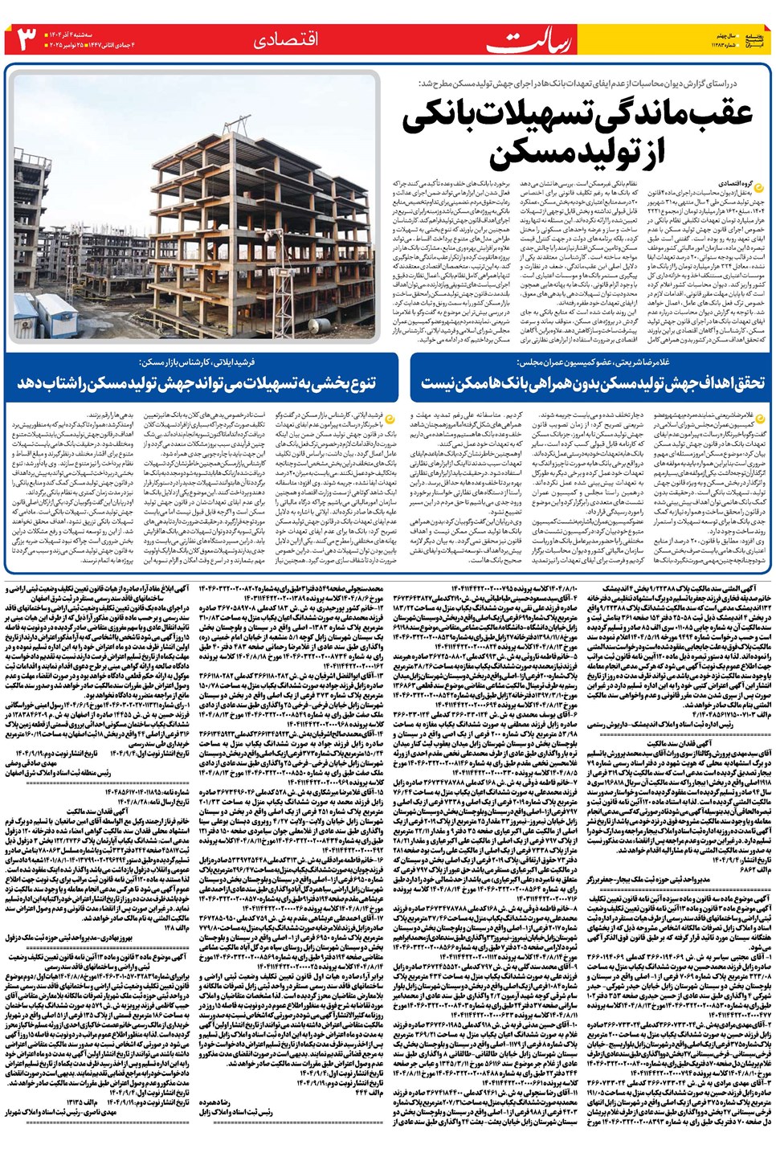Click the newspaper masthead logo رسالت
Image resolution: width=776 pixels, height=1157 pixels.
coord(519,40)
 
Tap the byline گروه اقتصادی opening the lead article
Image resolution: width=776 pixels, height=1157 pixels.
coord(743,184)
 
